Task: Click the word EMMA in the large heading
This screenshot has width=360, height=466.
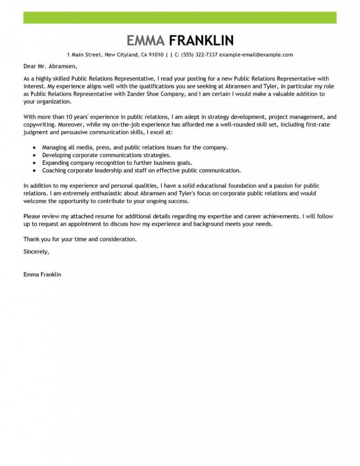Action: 146,41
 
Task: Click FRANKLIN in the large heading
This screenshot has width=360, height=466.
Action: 201,41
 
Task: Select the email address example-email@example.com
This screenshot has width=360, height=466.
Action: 256,55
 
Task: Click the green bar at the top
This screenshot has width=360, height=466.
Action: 180,18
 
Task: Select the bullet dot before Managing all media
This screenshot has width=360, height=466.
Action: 35,148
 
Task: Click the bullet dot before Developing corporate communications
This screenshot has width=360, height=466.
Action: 35,155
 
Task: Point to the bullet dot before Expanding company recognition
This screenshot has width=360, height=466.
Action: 35,162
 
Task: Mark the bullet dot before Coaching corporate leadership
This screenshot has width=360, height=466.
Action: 35,170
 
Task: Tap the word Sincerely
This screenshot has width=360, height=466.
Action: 35,251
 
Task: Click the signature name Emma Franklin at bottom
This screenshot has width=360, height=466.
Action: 42,274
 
